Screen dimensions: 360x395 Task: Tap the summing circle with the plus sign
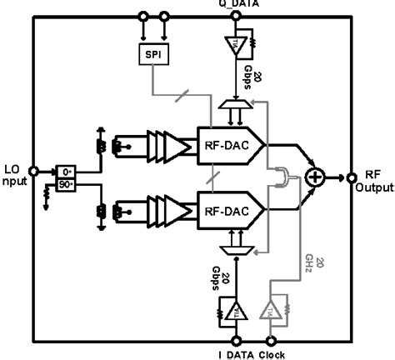tap(316, 177)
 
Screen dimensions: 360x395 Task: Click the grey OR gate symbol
tap(286, 177)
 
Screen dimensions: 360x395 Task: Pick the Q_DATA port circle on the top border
tap(237, 15)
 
